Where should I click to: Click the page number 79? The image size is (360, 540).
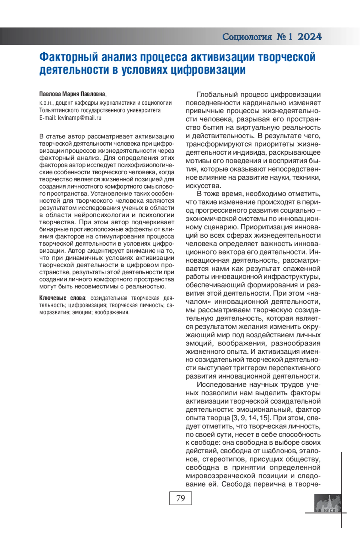(180, 498)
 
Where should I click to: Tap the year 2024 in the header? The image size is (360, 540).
(310, 37)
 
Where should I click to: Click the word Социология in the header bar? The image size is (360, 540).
(247, 37)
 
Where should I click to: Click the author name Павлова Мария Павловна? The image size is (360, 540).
(72, 94)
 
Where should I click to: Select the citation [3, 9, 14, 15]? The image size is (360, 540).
(250, 418)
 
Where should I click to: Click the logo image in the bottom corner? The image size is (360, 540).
(328, 503)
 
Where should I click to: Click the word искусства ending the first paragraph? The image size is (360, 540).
(203, 186)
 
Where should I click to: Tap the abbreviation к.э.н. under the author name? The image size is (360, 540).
(46, 103)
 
